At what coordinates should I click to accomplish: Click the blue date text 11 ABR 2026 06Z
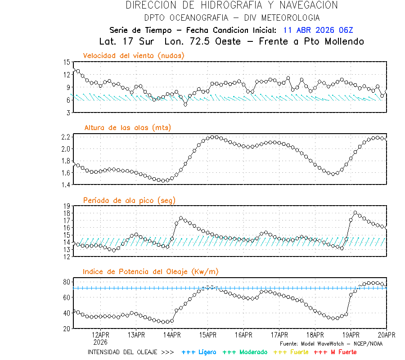click(x=318, y=30)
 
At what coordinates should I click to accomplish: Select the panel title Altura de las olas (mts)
click(x=127, y=128)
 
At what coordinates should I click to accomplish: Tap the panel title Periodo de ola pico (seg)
click(x=129, y=200)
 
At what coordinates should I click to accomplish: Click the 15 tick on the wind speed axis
click(x=67, y=62)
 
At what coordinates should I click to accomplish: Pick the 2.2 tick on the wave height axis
click(x=65, y=137)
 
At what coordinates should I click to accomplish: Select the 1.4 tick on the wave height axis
click(x=65, y=184)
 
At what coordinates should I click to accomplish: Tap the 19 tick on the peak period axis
click(x=67, y=206)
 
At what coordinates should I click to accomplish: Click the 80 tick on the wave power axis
click(x=67, y=282)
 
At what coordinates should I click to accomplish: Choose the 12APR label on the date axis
click(x=100, y=335)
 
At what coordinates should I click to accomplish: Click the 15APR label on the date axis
click(x=207, y=335)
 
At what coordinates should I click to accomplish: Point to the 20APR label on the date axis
click(x=386, y=335)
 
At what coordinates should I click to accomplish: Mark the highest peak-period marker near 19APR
click(x=355, y=212)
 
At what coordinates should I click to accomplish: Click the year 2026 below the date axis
click(x=100, y=342)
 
